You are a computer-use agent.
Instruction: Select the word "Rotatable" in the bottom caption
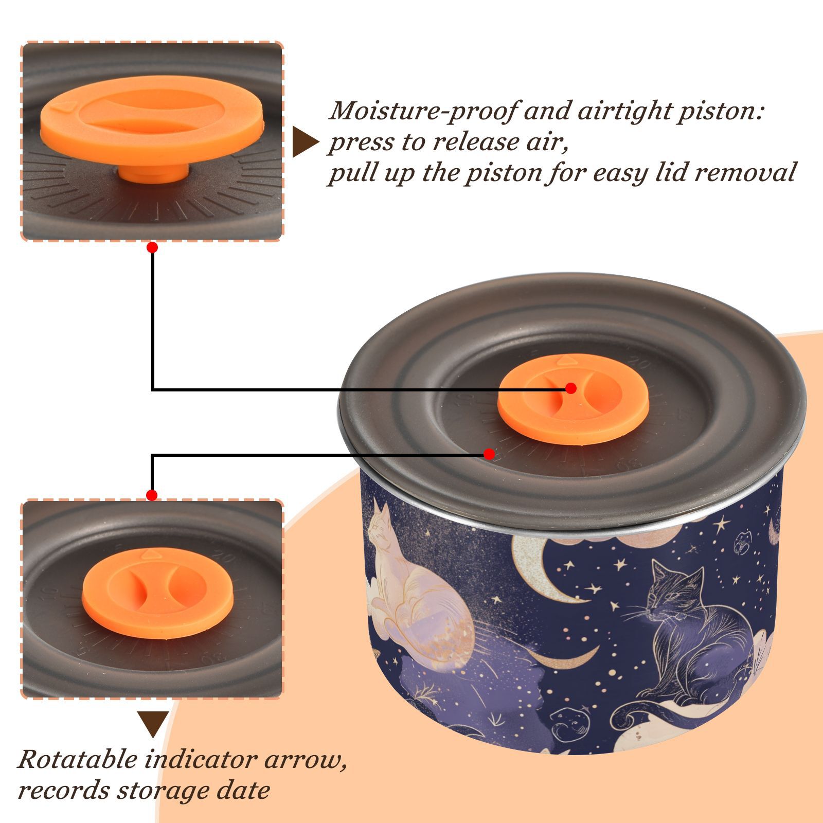tap(78, 759)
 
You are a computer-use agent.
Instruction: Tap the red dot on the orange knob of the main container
tap(570, 388)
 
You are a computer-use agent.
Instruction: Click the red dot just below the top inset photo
tap(152, 247)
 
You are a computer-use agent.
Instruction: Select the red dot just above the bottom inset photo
tap(152, 495)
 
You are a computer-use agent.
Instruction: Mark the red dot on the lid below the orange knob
tap(489, 454)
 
